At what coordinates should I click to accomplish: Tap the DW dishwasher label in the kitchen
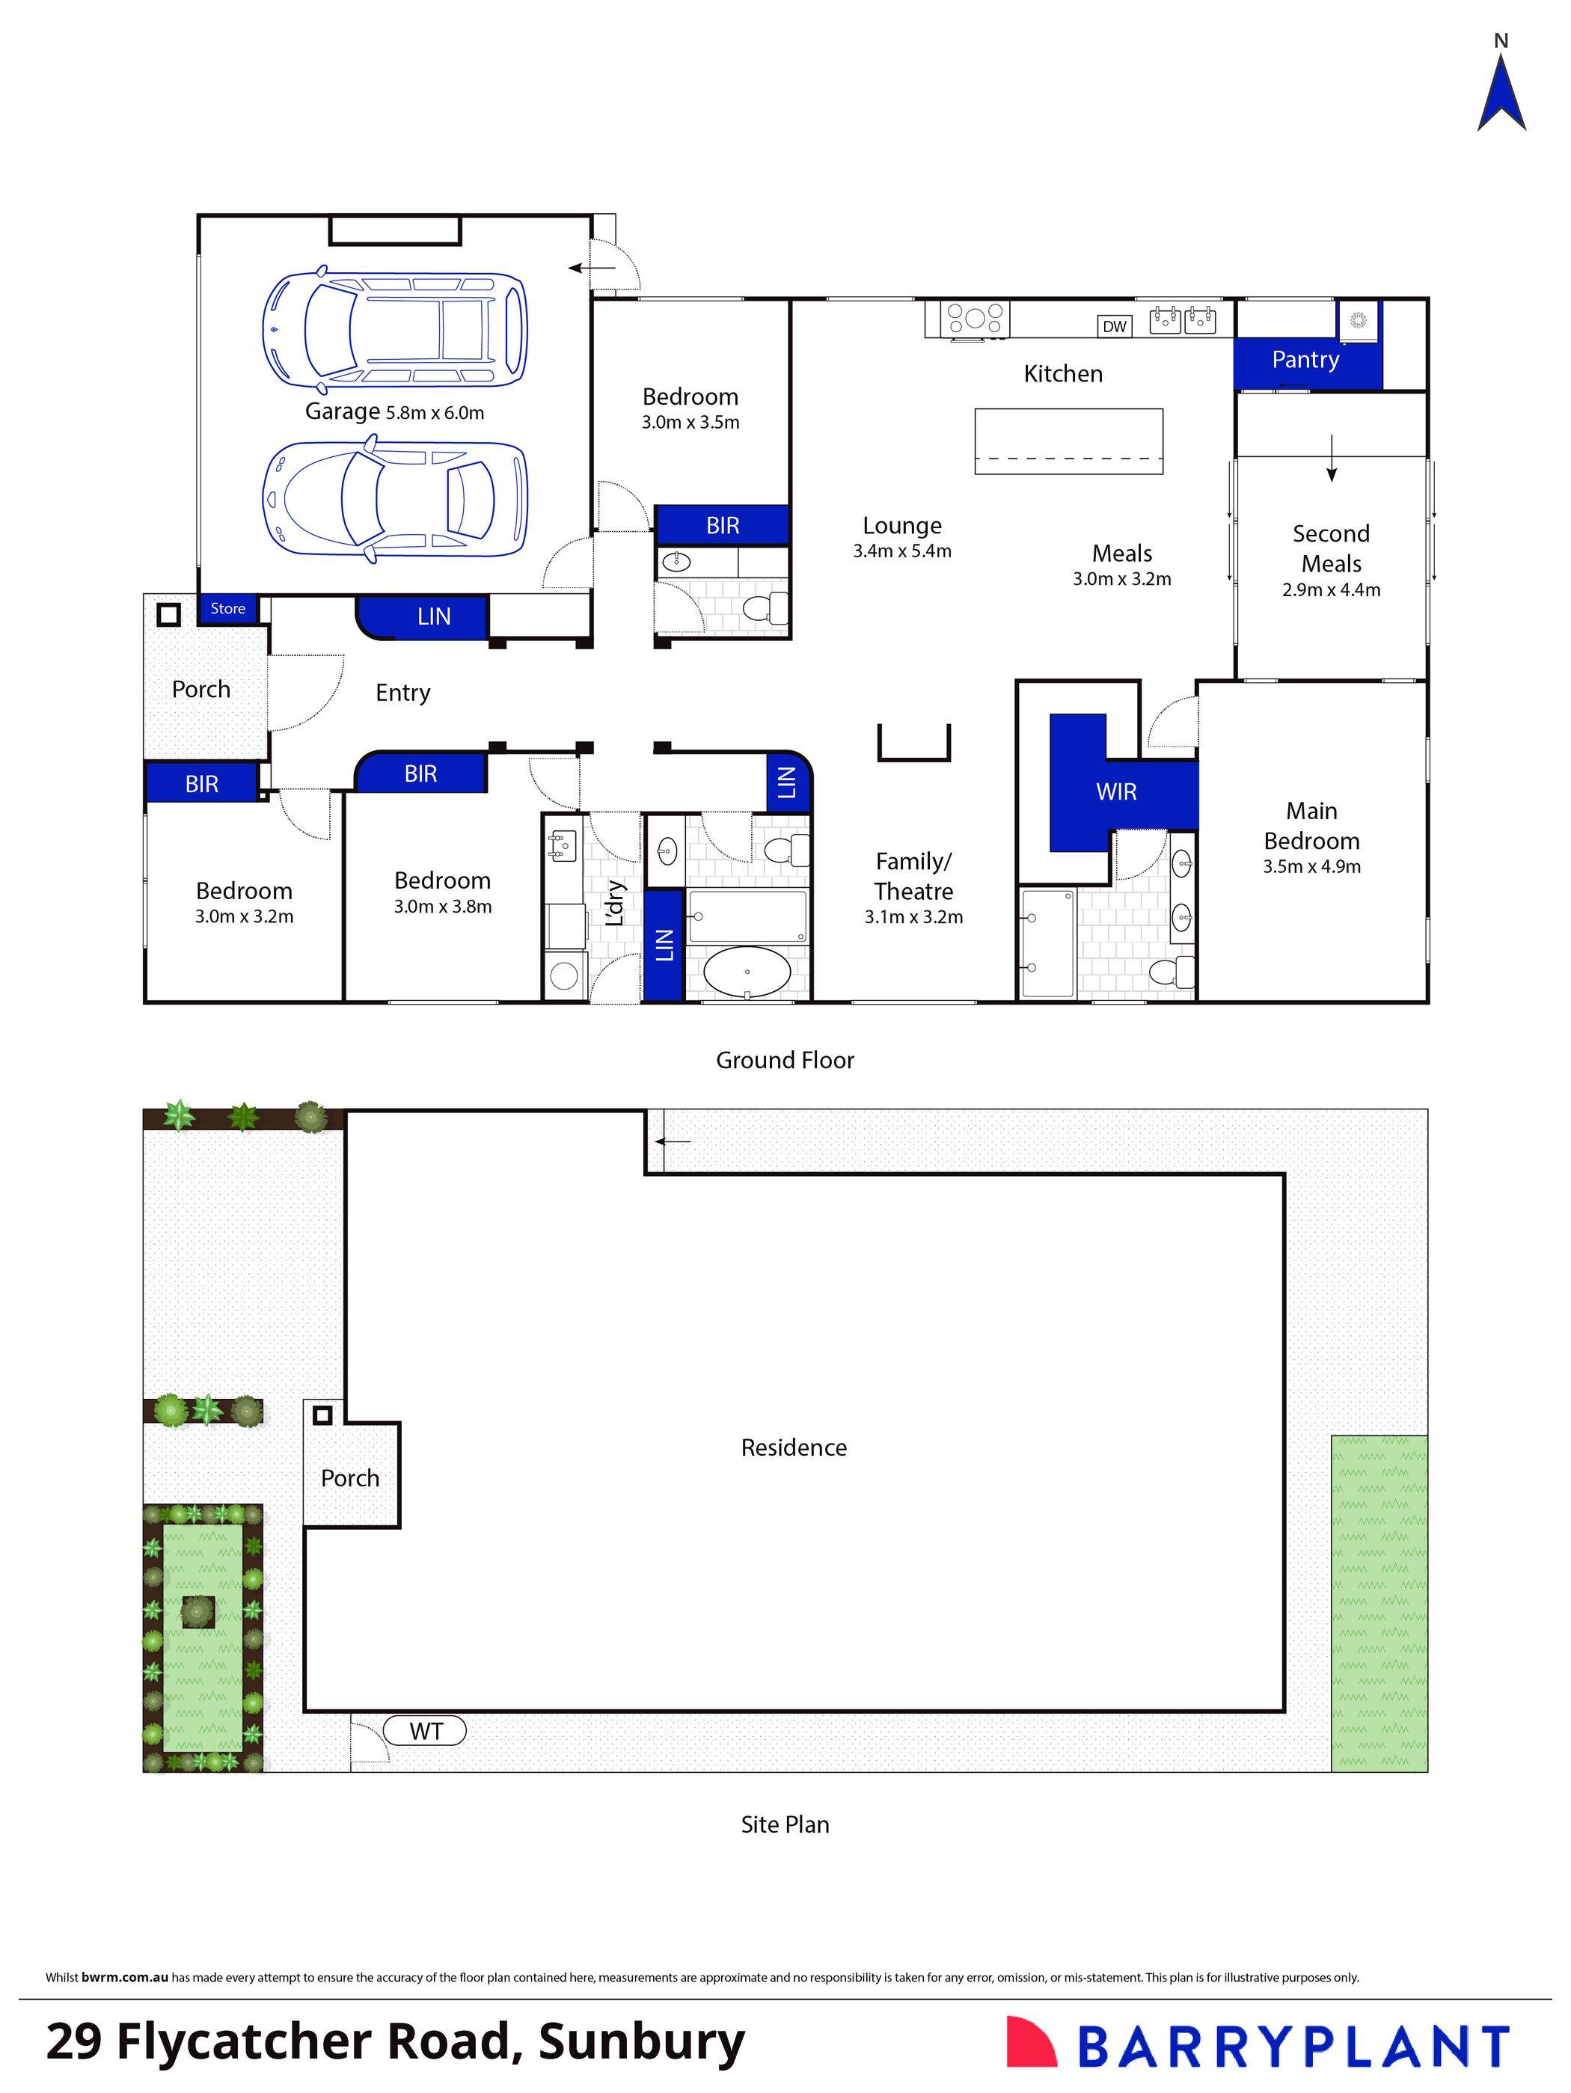pos(1114,326)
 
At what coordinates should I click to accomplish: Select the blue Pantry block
pos(1305,361)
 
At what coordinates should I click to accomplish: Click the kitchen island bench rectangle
pos(1068,441)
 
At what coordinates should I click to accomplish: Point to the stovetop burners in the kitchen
pos(975,317)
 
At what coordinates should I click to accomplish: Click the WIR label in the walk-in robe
pos(1116,792)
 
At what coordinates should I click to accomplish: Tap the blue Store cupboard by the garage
pos(227,608)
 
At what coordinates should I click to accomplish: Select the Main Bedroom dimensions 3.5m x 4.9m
pos(1311,867)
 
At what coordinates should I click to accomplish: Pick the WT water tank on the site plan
pos(426,1732)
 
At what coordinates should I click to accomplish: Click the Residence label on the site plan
pos(793,1447)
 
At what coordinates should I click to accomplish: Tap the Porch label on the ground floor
pos(200,690)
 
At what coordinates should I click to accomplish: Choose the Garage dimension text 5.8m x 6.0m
pos(435,414)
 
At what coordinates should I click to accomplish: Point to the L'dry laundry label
pos(614,904)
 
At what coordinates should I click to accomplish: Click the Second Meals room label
pos(1331,549)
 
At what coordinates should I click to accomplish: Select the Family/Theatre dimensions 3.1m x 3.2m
pos(913,917)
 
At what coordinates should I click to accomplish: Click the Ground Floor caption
pos(785,1061)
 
